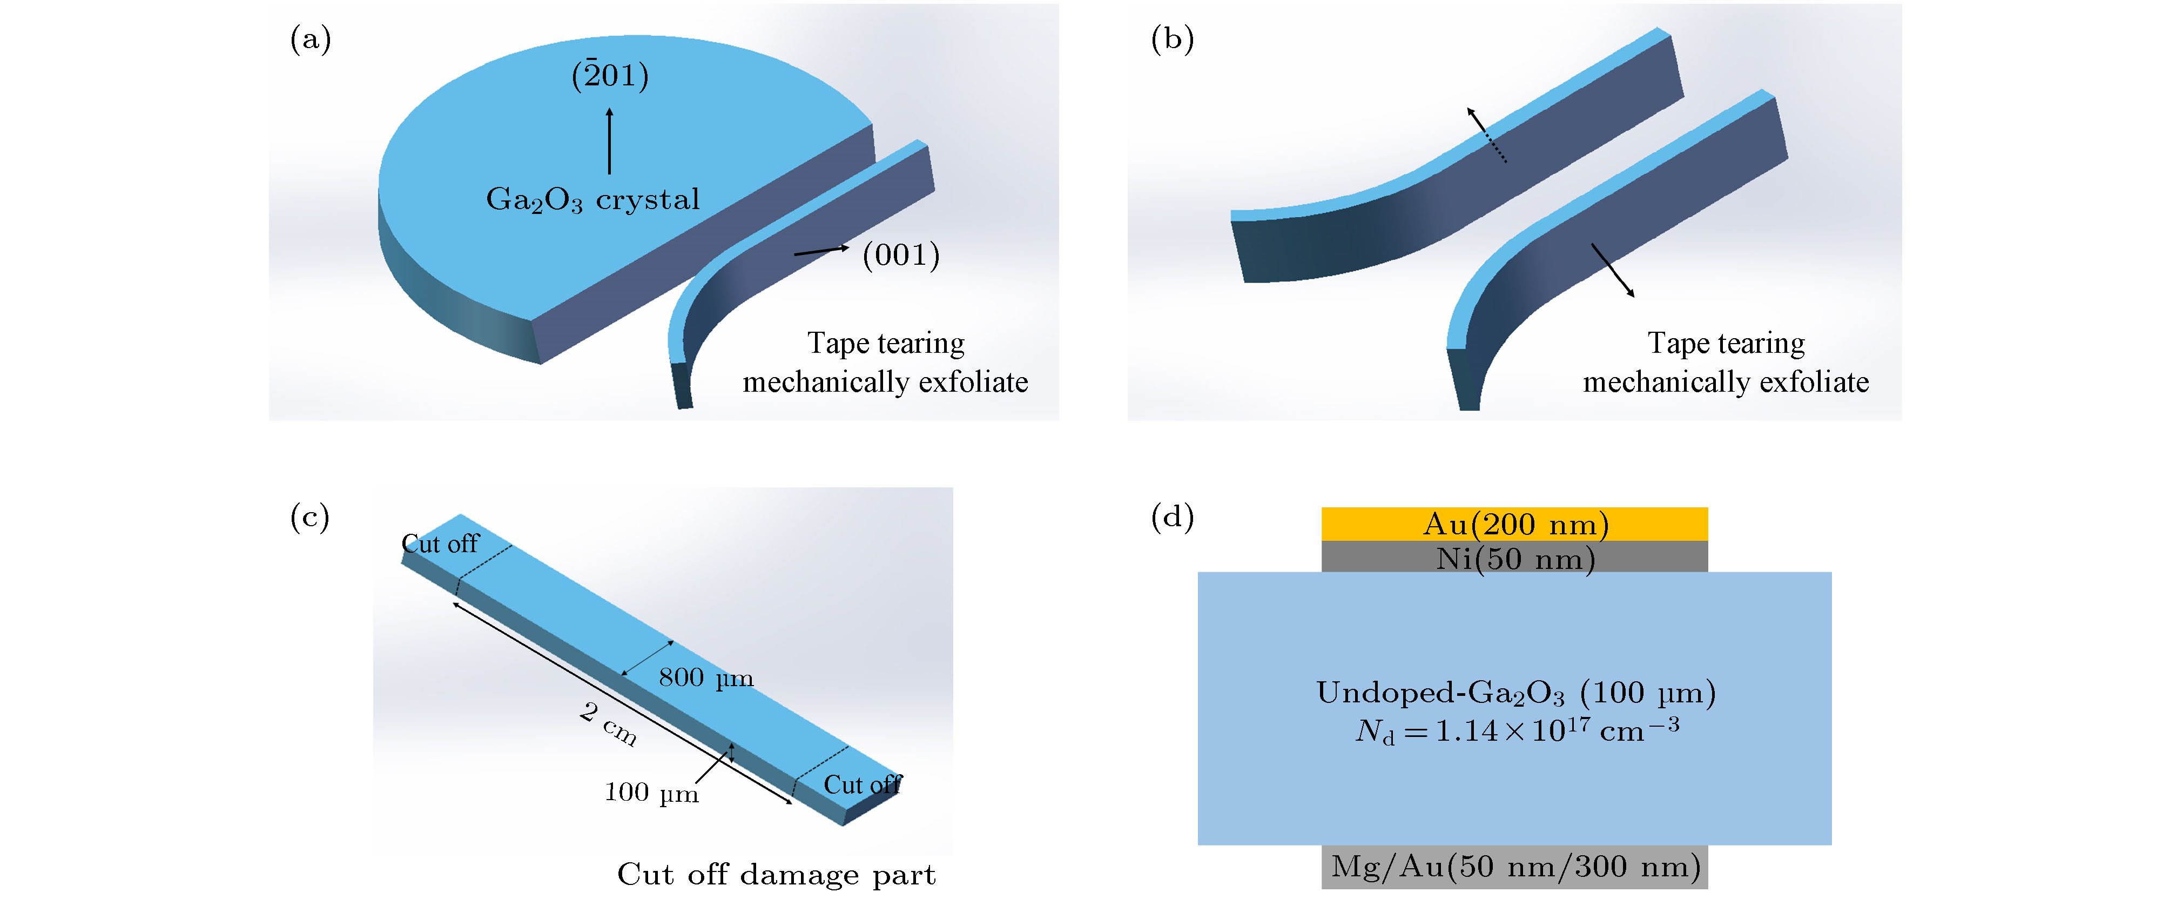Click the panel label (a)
(x=310, y=39)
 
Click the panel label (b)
(x=1172, y=39)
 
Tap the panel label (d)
(x=1172, y=516)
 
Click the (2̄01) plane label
(x=610, y=75)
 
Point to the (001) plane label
(x=901, y=254)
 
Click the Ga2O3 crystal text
(x=593, y=200)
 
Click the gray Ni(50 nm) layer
(x=1514, y=557)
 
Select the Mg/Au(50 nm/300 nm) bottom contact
(x=1514, y=867)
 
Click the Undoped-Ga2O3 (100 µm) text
(x=1515, y=693)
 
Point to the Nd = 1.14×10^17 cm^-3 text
(x=1517, y=729)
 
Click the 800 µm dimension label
(x=705, y=677)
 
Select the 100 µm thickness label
(x=651, y=793)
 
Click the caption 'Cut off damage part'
(x=776, y=874)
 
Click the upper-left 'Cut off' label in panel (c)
(x=440, y=544)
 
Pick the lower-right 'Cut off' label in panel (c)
(x=862, y=784)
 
